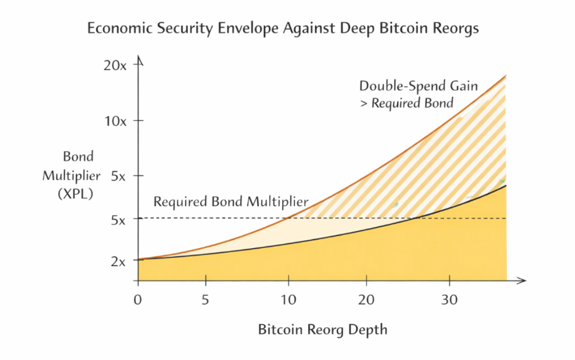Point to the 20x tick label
coord(115,66)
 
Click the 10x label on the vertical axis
coord(115,121)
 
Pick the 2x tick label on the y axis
coord(118,261)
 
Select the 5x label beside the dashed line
coord(118,219)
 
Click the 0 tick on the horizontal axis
coord(138,299)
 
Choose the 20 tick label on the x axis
coord(366,299)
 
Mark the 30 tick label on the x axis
coord(449,299)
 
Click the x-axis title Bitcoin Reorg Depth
coord(323,330)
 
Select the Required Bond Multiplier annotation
coord(231,202)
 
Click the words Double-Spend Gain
coord(418,86)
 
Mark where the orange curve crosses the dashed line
coord(288,218)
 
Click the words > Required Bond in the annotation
coord(406,103)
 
